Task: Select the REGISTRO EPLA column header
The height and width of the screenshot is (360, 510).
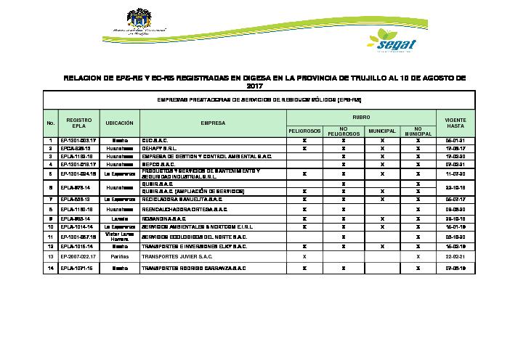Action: tap(78, 123)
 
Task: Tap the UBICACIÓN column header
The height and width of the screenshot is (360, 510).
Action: tap(119, 123)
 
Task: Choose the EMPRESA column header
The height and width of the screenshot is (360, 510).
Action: tap(213, 123)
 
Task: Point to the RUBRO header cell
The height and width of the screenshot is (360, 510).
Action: tap(360, 116)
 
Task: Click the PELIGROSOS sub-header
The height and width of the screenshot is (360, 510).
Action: tap(304, 131)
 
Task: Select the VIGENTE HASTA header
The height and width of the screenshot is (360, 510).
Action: tap(455, 123)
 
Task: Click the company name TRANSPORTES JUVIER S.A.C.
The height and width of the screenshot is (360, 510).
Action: tap(177, 256)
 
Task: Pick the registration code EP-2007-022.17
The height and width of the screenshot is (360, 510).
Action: tap(78, 256)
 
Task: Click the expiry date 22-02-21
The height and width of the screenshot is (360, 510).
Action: tap(455, 256)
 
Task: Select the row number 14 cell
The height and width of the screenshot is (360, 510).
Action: tap(50, 268)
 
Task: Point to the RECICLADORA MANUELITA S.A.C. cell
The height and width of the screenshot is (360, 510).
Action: tap(185, 197)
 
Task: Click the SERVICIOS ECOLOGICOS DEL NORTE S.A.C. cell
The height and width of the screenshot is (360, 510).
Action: tap(193, 237)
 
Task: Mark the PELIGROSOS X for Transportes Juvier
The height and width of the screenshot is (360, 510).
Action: tap(304, 256)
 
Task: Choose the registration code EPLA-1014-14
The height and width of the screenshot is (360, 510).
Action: tap(78, 226)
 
